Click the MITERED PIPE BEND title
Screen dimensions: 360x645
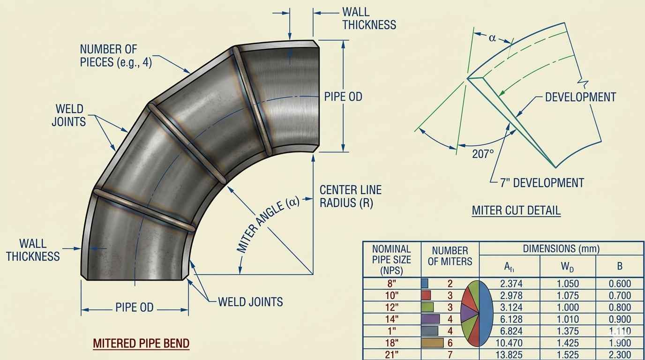[141, 343]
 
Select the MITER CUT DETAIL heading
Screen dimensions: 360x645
[516, 210]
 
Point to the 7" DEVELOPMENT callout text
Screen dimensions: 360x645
[542, 182]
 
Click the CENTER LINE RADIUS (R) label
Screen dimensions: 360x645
[350, 196]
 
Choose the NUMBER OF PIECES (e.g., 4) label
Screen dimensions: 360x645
[116, 55]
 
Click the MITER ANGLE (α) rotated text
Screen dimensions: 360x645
[268, 226]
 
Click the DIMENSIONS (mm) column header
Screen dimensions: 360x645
[561, 249]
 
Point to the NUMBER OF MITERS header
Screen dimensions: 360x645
[450, 256]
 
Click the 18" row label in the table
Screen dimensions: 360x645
[391, 343]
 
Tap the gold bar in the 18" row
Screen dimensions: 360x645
[432, 343]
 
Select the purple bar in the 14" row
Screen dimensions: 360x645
[431, 319]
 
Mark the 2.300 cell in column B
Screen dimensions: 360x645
[619, 355]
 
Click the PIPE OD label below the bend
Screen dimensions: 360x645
[134, 308]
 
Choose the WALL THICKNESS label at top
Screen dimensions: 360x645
[369, 18]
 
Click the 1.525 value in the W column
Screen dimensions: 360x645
[567, 355]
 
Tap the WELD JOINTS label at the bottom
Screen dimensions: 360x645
[250, 301]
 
